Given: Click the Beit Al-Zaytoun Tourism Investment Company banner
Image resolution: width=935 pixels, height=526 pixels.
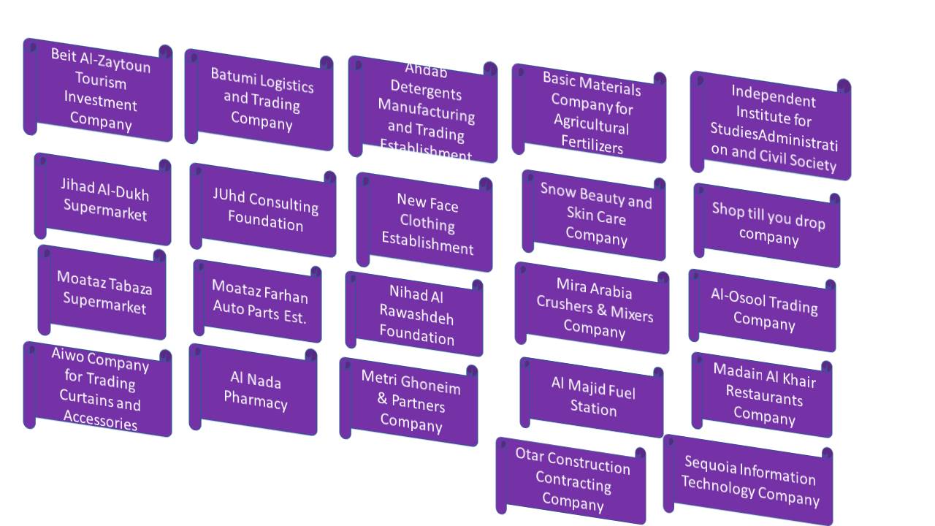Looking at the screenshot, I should click(100, 89).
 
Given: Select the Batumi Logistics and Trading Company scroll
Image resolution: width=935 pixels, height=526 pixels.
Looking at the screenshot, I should click(262, 99).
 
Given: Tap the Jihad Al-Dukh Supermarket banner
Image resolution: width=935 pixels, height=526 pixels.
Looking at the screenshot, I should click(104, 199).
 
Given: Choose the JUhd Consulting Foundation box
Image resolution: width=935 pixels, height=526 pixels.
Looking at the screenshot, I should click(265, 210).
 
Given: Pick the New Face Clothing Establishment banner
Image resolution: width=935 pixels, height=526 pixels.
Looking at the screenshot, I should click(427, 223).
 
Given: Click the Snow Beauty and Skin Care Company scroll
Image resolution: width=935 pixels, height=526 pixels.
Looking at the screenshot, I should click(596, 216).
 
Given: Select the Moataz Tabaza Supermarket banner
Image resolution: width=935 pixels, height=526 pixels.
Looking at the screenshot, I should click(104, 292).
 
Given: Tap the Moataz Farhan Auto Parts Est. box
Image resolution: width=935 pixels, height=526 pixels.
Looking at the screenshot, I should click(259, 301).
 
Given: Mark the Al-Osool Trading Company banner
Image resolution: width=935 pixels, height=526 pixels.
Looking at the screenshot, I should click(764, 310).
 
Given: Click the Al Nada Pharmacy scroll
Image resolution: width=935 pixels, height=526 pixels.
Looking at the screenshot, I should click(256, 390).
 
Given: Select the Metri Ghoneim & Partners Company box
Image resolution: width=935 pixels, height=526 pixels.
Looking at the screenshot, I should click(411, 402).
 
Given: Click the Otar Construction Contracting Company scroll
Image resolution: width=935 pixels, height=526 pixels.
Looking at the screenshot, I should click(573, 481).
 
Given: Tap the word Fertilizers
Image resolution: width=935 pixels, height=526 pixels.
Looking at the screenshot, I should click(592, 145).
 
